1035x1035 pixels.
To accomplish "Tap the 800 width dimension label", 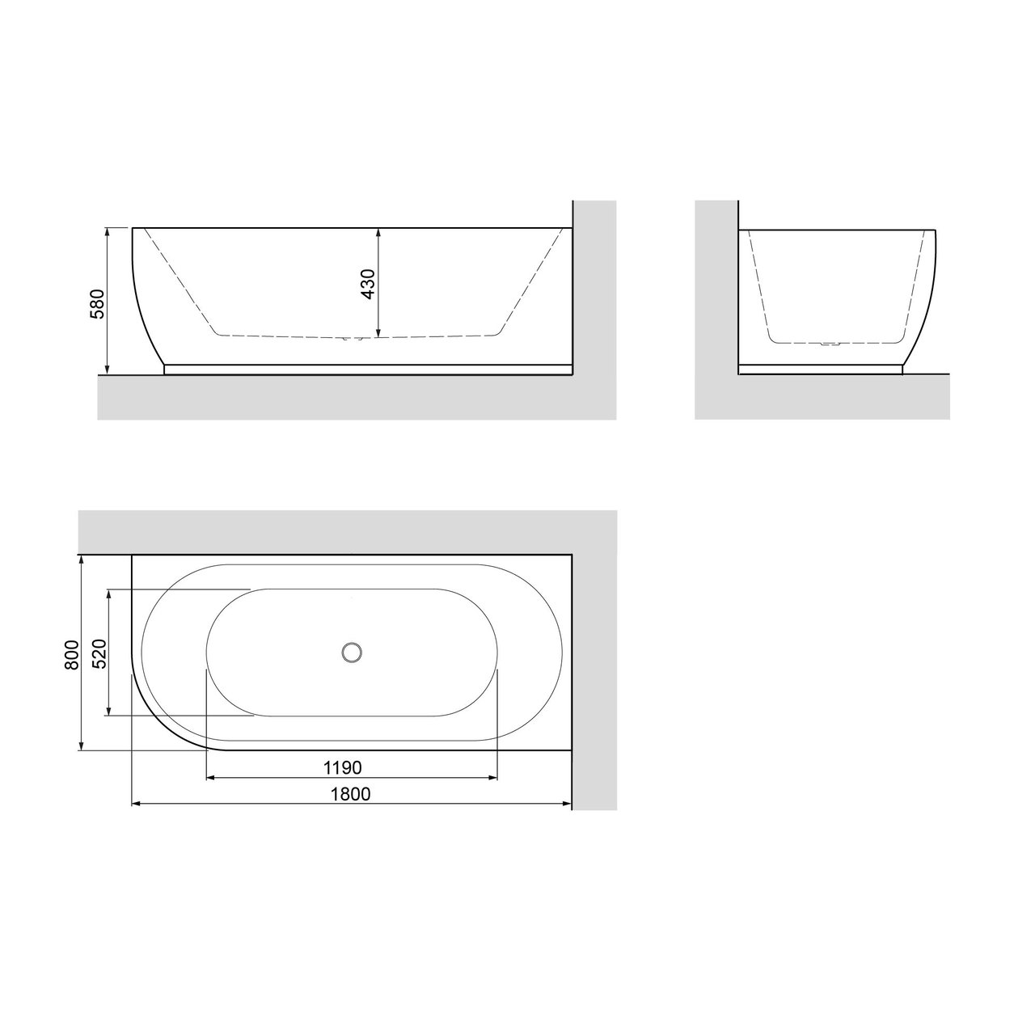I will tap(71, 654).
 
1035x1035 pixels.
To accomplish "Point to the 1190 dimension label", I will tap(342, 766).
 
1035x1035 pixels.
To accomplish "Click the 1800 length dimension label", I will tap(350, 793).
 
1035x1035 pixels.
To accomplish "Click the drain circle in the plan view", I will tap(352, 651).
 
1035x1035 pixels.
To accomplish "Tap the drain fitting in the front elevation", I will tap(349, 339).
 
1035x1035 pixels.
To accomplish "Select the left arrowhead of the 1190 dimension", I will tap(211, 778).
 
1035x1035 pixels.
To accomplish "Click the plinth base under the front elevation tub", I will tap(368, 370).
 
